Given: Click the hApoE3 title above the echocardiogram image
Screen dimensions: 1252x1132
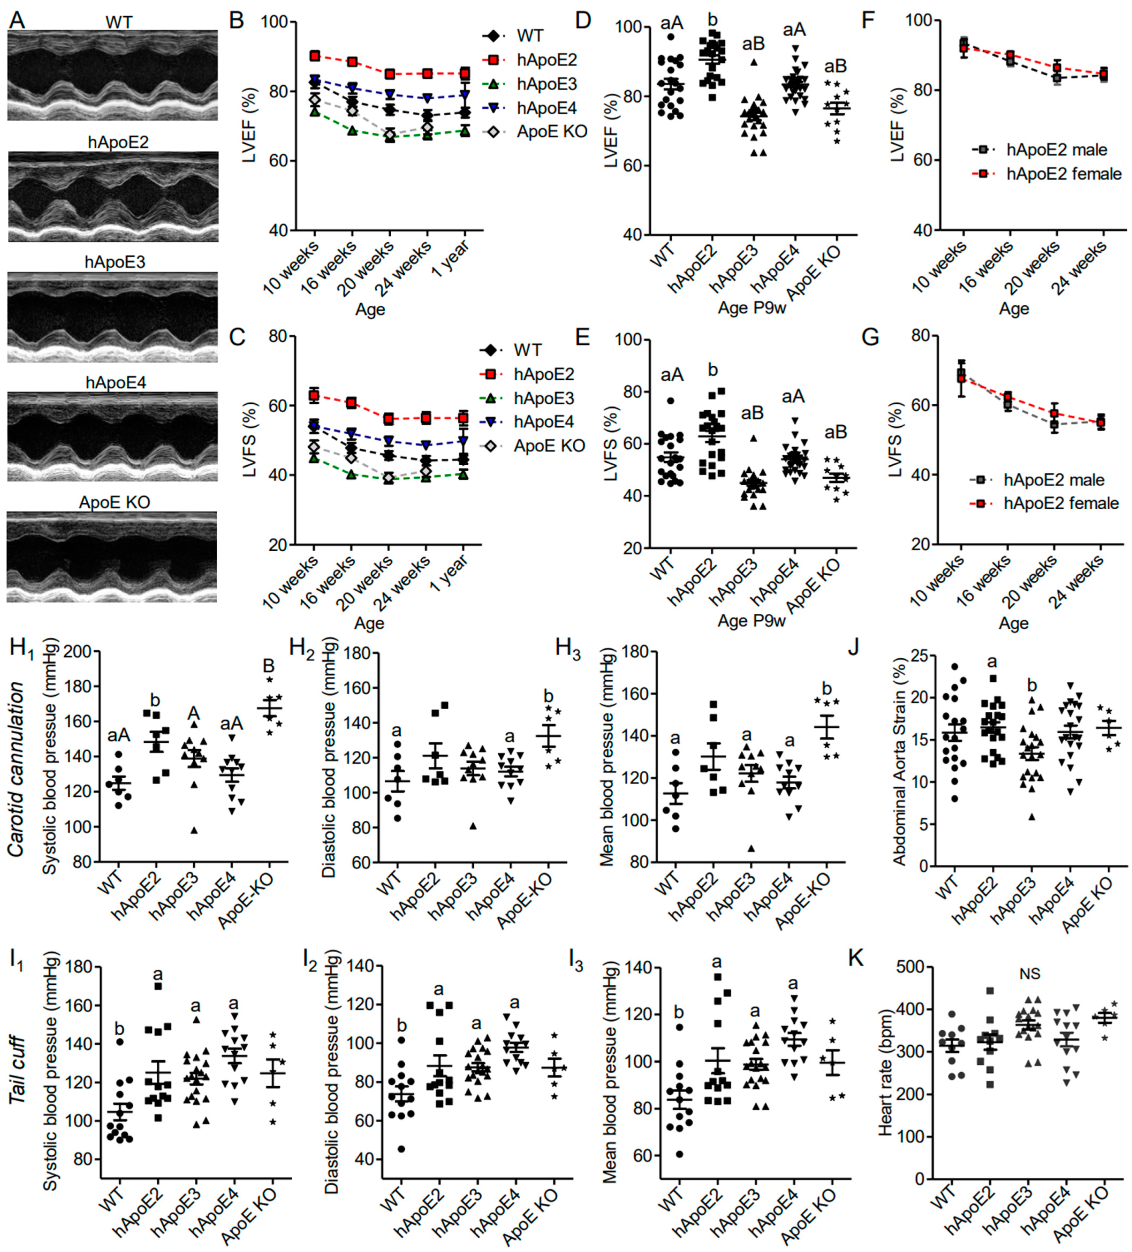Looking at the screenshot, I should click(x=115, y=262).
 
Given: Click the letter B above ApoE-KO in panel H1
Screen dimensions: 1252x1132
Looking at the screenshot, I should click(x=268, y=666).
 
